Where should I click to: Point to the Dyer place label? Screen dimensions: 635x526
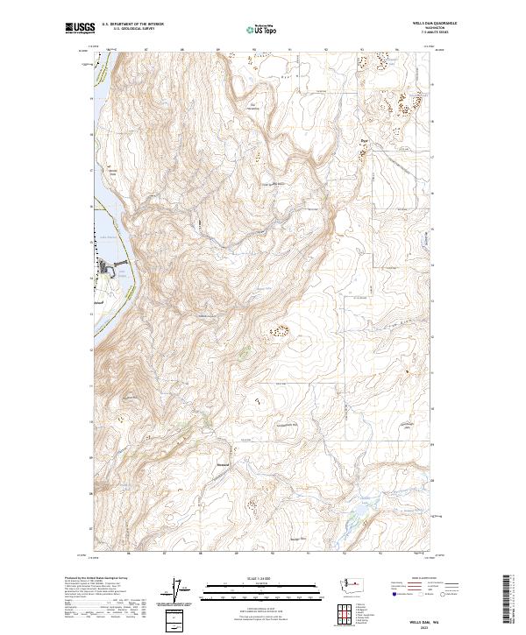tap(365, 138)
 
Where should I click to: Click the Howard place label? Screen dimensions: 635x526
tap(223, 465)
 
